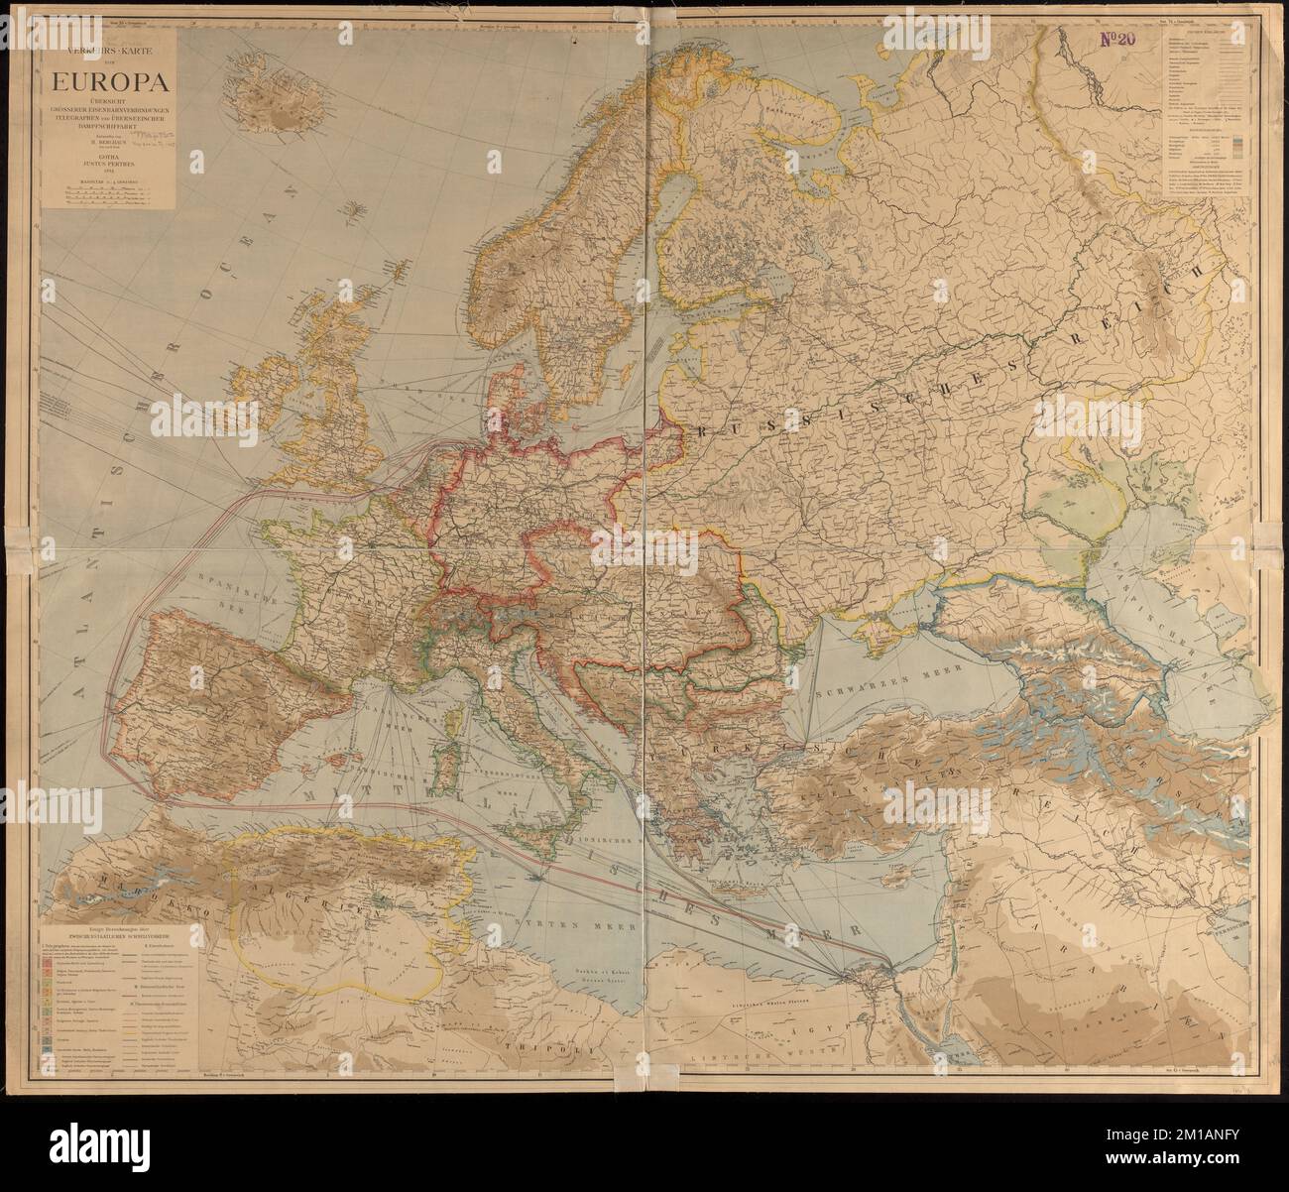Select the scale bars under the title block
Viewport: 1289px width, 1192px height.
tap(104, 195)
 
